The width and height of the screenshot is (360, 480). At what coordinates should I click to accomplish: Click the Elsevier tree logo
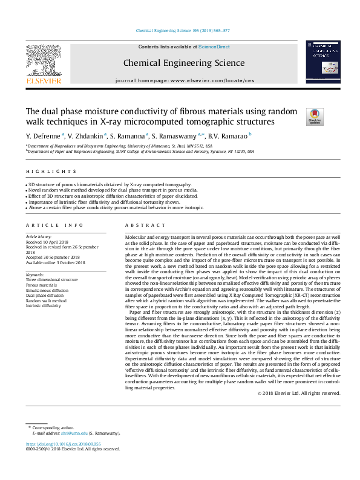(x=44, y=62)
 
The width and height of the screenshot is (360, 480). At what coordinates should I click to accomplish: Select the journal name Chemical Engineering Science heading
(x=184, y=63)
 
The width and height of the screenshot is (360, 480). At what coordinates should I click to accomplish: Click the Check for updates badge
(x=315, y=117)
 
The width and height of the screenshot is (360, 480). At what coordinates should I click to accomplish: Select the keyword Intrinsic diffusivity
(x=43, y=306)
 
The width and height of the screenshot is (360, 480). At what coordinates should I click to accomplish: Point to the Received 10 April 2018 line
(x=47, y=241)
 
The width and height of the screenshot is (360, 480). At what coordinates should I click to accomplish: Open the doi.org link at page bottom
(x=63, y=444)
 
